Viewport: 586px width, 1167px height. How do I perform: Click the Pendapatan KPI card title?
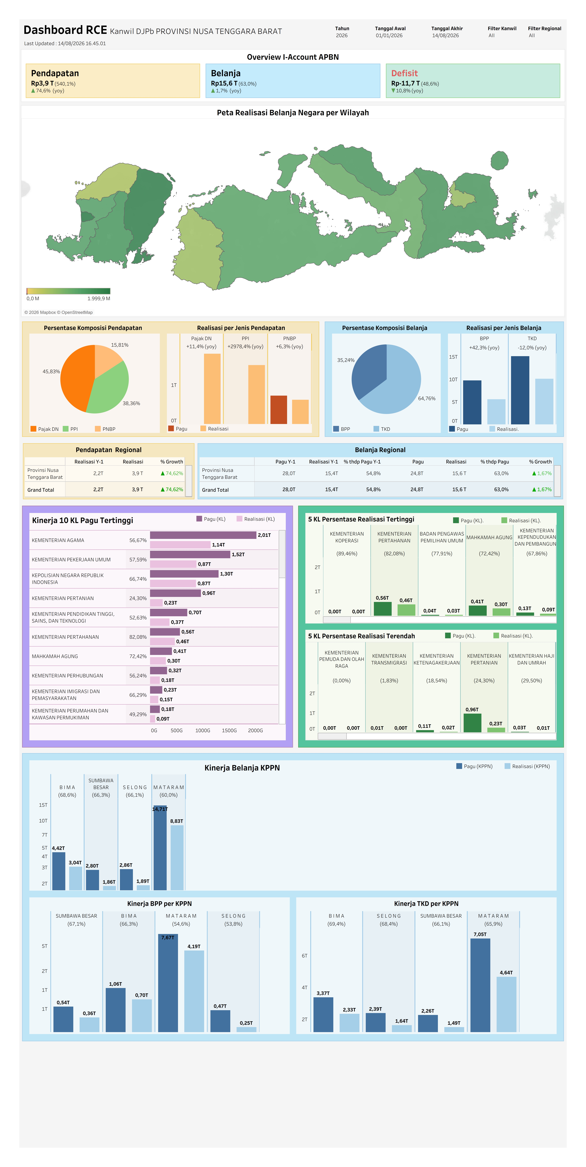(x=55, y=73)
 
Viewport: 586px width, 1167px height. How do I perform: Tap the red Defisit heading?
(x=404, y=73)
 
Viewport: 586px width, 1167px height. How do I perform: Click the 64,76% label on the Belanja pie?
(x=426, y=399)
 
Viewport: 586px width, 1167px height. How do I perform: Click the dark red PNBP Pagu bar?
(x=278, y=410)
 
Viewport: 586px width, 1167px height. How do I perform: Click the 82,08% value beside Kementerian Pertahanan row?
(x=138, y=637)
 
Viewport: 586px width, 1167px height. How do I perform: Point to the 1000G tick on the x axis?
(x=203, y=730)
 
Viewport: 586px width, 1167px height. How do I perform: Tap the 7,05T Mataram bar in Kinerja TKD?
(x=480, y=985)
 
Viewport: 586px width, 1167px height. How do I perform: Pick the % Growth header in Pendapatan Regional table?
(x=172, y=462)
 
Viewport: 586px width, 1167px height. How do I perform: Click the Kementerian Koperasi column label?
(x=347, y=537)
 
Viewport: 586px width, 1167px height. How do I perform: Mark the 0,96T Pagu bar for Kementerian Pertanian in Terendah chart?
(x=472, y=723)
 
